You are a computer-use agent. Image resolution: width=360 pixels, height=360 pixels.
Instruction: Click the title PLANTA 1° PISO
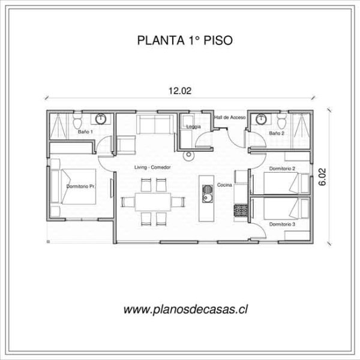[x=180, y=41]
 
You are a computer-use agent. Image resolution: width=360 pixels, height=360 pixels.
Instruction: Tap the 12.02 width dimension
[x=179, y=91]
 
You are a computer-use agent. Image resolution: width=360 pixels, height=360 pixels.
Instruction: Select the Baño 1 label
[x=84, y=131]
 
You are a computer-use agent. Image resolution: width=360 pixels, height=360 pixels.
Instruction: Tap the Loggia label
[x=193, y=127]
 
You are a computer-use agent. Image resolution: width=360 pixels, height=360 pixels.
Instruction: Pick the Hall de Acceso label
[x=230, y=118]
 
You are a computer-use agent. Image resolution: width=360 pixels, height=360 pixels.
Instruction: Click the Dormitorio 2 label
[x=282, y=169]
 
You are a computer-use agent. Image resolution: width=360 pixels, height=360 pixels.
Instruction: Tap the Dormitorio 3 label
[x=281, y=224]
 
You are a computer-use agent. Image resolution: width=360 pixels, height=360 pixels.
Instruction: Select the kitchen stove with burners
[x=241, y=211]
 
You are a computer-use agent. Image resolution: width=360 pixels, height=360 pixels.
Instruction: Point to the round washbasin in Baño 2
[x=262, y=118]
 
